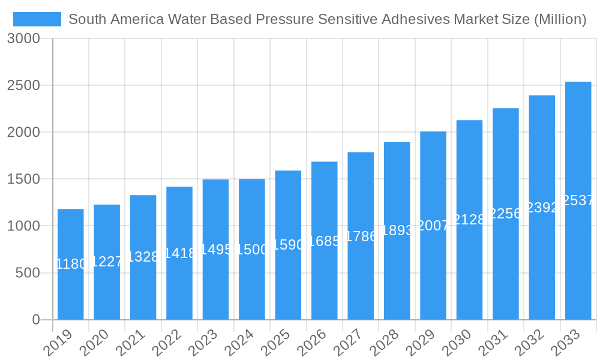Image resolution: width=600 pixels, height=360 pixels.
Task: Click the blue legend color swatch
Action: [37, 19]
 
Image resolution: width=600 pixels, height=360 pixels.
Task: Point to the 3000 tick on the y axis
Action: [23, 39]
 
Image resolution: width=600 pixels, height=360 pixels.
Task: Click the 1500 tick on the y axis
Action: [23, 179]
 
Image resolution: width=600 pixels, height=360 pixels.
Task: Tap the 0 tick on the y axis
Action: [36, 320]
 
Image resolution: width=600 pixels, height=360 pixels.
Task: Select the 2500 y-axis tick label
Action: [23, 86]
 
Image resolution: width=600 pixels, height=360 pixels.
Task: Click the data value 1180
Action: [71, 264]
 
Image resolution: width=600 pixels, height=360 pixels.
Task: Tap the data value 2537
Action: [578, 200]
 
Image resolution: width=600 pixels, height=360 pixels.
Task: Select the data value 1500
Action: [252, 250]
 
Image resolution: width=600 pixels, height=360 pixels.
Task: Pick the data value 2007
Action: [433, 226]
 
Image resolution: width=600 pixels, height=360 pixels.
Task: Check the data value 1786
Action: [361, 236]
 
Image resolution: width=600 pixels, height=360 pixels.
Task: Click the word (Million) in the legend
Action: [559, 19]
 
